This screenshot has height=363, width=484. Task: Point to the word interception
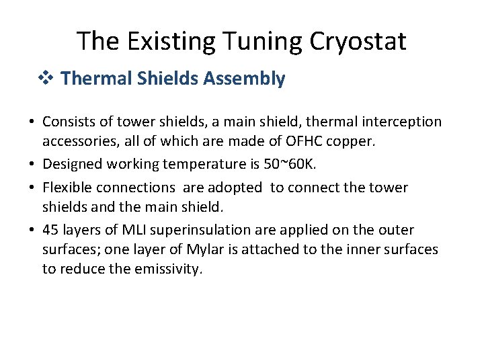point(402,122)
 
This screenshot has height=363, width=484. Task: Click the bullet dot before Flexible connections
point(32,188)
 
